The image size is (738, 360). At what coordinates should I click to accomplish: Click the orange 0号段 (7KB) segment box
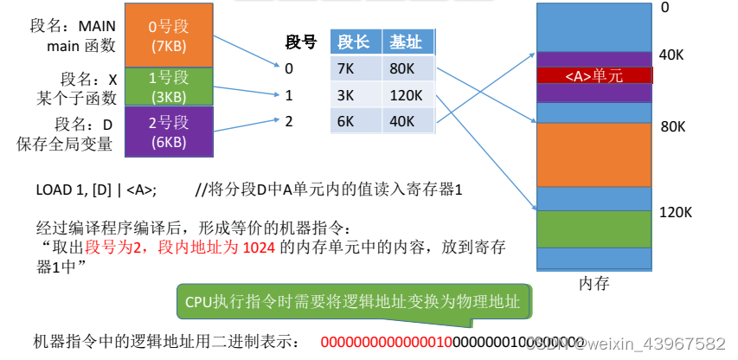168,35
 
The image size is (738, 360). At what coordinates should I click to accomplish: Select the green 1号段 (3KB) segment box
168,86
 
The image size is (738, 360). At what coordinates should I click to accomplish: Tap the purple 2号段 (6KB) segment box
168,131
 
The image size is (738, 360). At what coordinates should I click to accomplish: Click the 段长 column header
354,42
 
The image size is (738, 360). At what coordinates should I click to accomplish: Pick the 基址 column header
406,42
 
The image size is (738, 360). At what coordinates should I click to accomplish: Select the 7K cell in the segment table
354,68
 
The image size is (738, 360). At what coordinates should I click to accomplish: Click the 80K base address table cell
406,68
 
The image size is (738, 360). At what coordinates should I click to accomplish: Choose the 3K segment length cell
354,95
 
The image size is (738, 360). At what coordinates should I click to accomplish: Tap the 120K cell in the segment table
406,95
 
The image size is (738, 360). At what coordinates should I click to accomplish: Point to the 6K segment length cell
354,121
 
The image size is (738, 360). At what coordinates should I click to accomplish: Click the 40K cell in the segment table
406,121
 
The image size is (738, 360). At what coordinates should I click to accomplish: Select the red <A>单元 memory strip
594,75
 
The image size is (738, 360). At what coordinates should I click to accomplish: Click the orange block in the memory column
593,155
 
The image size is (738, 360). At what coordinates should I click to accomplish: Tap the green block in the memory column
593,229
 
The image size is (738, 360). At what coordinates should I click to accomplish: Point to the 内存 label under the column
594,282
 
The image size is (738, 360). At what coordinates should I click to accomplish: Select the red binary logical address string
451,341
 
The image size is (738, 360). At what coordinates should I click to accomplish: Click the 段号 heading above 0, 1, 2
301,42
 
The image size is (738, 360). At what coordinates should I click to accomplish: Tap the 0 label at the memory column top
665,8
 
